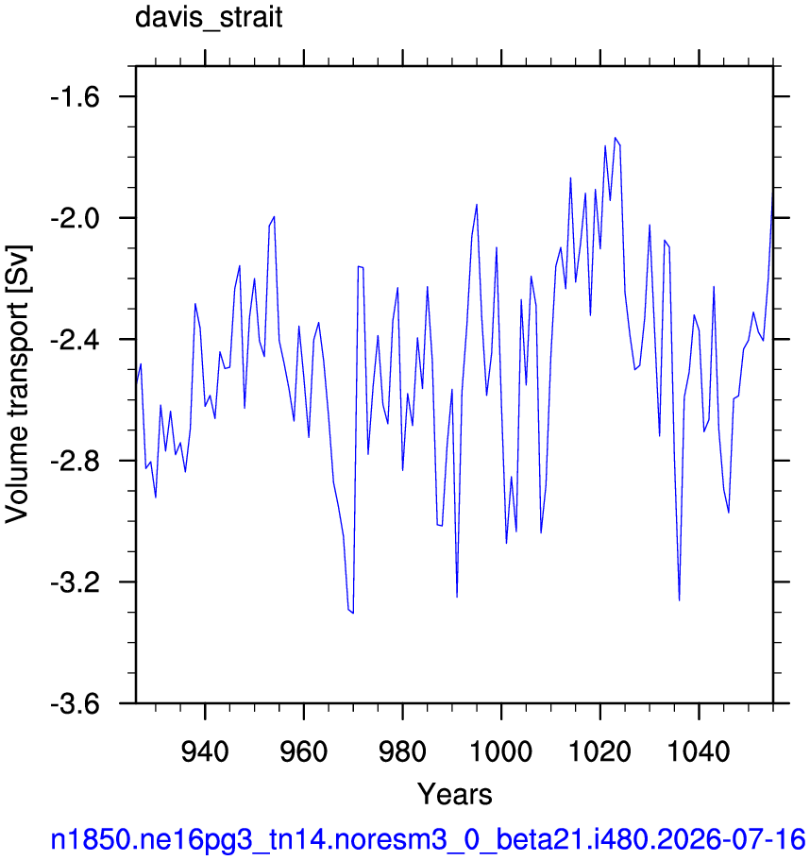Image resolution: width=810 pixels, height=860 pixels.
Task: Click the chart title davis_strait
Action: [x=209, y=18]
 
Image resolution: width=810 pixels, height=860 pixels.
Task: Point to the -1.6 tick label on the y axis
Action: [x=76, y=97]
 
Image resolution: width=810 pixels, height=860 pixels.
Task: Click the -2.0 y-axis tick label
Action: [x=76, y=219]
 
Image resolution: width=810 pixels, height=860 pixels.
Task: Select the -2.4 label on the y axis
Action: [x=76, y=340]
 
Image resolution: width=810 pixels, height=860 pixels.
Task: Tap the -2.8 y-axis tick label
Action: [x=76, y=462]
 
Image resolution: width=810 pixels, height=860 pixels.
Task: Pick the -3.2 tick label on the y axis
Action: [x=76, y=582]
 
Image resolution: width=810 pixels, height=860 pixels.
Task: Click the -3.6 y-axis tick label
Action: [x=76, y=704]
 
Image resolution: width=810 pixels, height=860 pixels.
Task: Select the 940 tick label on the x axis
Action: [x=205, y=751]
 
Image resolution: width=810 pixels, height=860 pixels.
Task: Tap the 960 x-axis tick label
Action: [x=304, y=751]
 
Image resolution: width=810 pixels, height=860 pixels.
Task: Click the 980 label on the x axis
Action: [x=402, y=751]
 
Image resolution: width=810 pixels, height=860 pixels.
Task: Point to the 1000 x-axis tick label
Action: [x=501, y=751]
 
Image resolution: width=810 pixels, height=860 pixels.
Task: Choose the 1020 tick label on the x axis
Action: [x=600, y=751]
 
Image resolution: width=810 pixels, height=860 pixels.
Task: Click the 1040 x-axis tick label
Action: [x=699, y=751]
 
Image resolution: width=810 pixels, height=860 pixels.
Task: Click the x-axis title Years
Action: [x=455, y=794]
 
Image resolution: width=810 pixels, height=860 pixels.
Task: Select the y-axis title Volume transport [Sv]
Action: [x=18, y=384]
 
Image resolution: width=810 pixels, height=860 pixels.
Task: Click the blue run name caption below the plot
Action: [x=428, y=840]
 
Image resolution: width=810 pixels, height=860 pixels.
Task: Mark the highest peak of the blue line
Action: [x=616, y=138]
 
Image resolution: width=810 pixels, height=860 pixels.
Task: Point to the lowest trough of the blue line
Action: [x=353, y=613]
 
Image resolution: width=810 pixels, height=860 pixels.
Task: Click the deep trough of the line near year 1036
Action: [x=679, y=600]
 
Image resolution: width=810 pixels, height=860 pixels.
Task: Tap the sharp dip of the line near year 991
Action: [x=457, y=597]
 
